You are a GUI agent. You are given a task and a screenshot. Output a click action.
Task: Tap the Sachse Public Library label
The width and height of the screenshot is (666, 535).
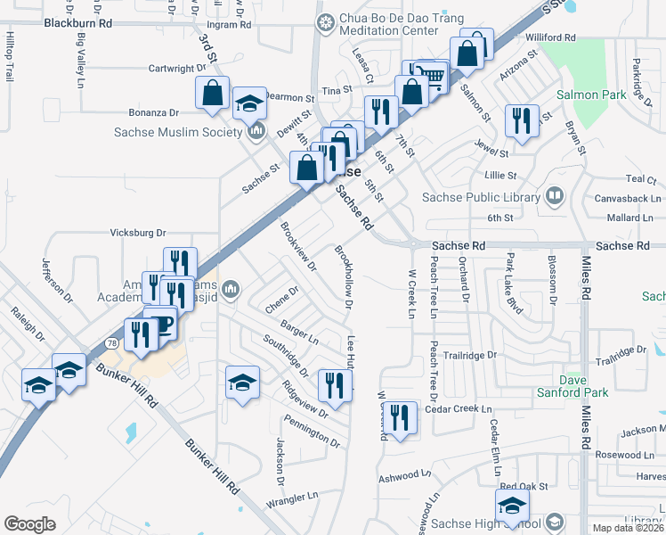(x=481, y=197)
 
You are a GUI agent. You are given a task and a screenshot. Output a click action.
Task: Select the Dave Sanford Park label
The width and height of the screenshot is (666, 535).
(x=572, y=386)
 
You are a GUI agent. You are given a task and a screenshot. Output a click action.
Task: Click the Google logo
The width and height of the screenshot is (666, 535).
(x=30, y=524)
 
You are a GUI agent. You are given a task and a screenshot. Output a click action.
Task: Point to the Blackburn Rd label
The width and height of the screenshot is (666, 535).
(x=79, y=24)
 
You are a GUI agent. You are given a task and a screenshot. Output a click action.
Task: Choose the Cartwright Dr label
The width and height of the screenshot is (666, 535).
(x=176, y=69)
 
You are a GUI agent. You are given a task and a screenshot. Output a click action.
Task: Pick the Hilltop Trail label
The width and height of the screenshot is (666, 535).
(x=11, y=57)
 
